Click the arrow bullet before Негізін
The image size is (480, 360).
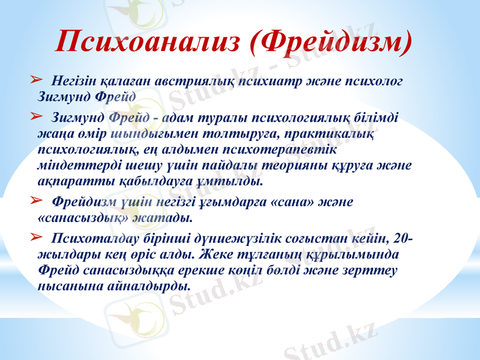point(35,79)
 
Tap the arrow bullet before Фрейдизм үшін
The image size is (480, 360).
point(35,199)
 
